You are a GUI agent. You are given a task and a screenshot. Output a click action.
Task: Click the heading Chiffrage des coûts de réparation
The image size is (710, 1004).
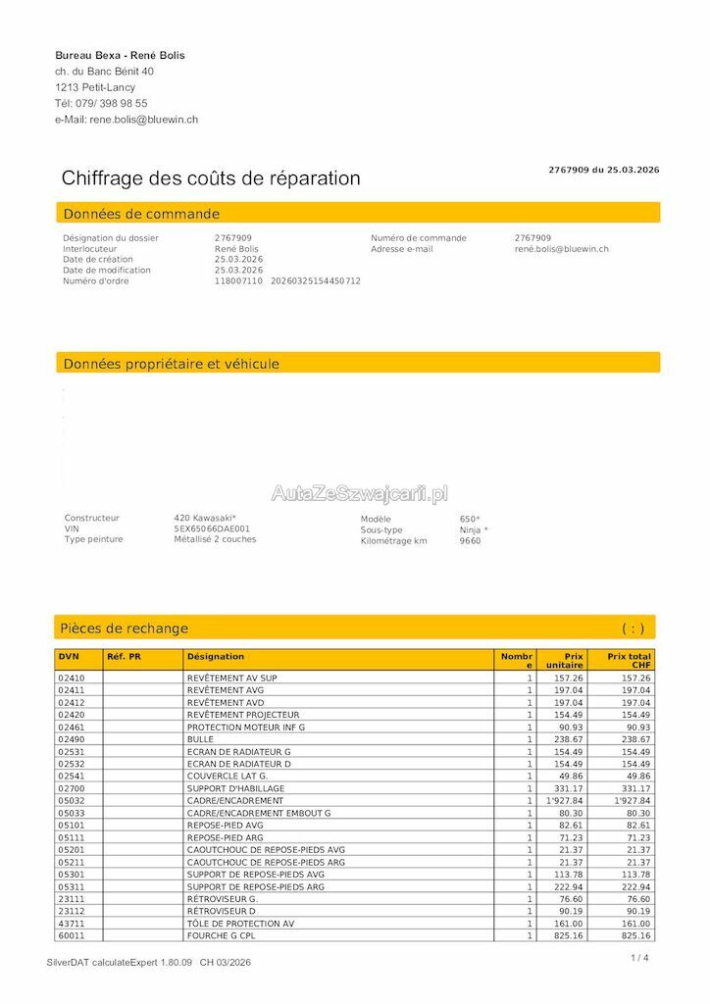tap(211, 178)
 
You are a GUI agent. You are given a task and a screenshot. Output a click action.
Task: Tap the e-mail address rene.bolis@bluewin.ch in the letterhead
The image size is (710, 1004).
tap(144, 120)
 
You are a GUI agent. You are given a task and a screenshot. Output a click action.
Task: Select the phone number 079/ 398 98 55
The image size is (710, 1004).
tap(111, 103)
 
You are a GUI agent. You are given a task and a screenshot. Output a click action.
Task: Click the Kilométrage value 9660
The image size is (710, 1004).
tap(470, 540)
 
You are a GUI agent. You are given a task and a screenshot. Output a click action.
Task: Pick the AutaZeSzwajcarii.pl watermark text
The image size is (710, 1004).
tap(359, 493)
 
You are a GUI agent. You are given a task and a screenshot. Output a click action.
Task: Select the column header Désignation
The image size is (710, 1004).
tap(216, 657)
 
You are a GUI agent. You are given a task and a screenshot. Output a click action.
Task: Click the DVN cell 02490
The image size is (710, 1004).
tap(72, 739)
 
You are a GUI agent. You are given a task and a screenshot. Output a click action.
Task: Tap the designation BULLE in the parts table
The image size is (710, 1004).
tap(200, 739)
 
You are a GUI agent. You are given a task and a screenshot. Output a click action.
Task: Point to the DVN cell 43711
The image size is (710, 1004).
tap(72, 924)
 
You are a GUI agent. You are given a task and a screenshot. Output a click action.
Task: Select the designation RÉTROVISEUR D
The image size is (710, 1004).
tap(222, 911)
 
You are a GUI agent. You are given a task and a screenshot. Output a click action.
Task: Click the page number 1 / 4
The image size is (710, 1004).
tap(639, 958)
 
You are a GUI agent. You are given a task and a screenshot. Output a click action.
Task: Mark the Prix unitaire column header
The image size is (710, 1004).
tap(565, 661)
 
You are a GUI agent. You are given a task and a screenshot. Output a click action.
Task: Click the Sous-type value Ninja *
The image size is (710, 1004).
tap(474, 529)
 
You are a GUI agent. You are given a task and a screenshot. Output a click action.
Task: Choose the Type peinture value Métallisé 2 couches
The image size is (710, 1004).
tap(215, 539)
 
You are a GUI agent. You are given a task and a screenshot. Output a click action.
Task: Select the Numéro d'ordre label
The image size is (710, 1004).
tap(96, 281)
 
